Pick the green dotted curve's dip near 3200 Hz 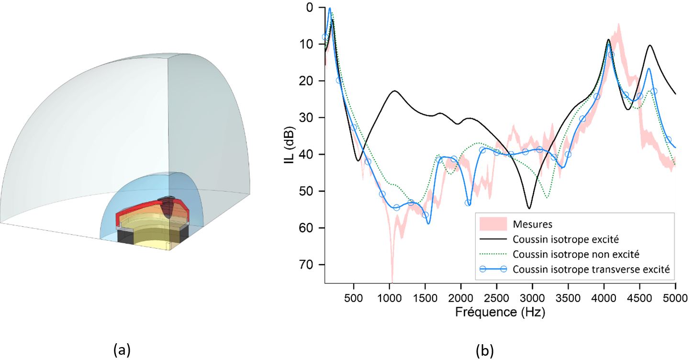547,197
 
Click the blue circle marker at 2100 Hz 468,203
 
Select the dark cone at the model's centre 168,208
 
